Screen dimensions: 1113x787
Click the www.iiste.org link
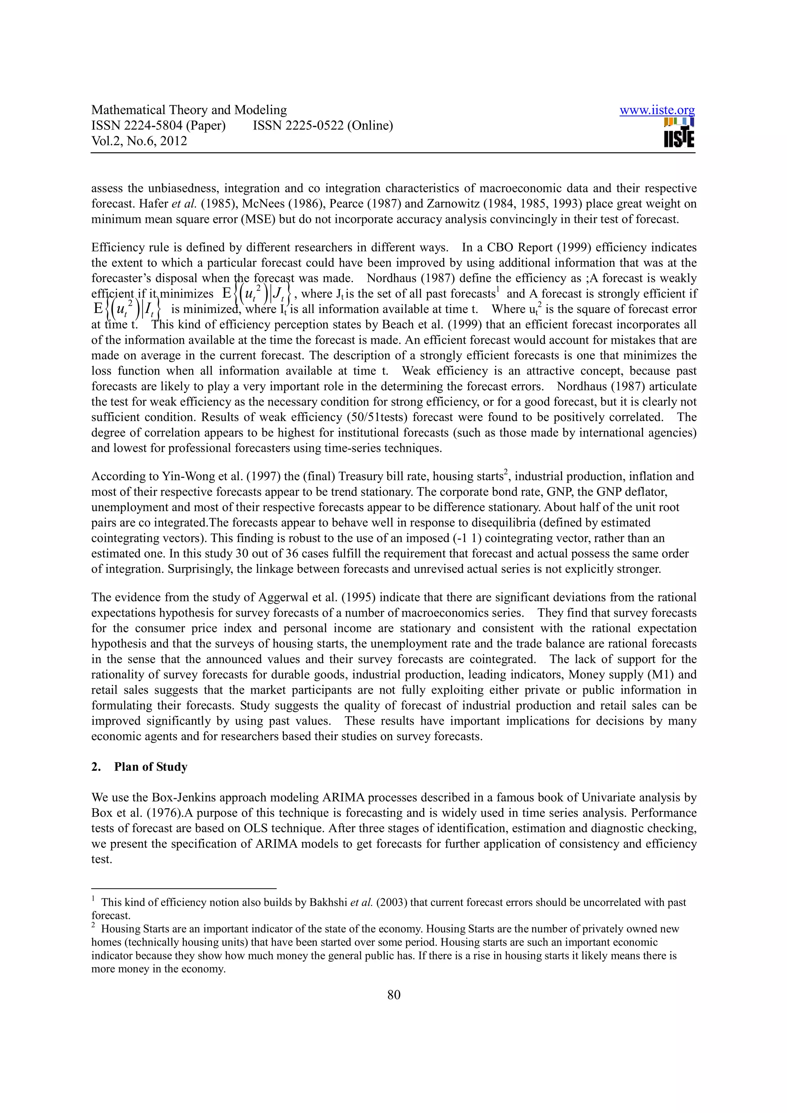tap(657, 111)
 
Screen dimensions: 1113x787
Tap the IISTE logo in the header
tap(679, 133)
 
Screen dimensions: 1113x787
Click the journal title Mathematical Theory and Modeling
tap(189, 110)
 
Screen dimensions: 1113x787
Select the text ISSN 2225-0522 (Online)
tap(322, 126)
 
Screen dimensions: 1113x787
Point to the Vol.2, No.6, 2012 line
tap(139, 141)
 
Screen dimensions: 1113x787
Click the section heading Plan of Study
tap(150, 767)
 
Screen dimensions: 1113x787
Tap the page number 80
tap(394, 995)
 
